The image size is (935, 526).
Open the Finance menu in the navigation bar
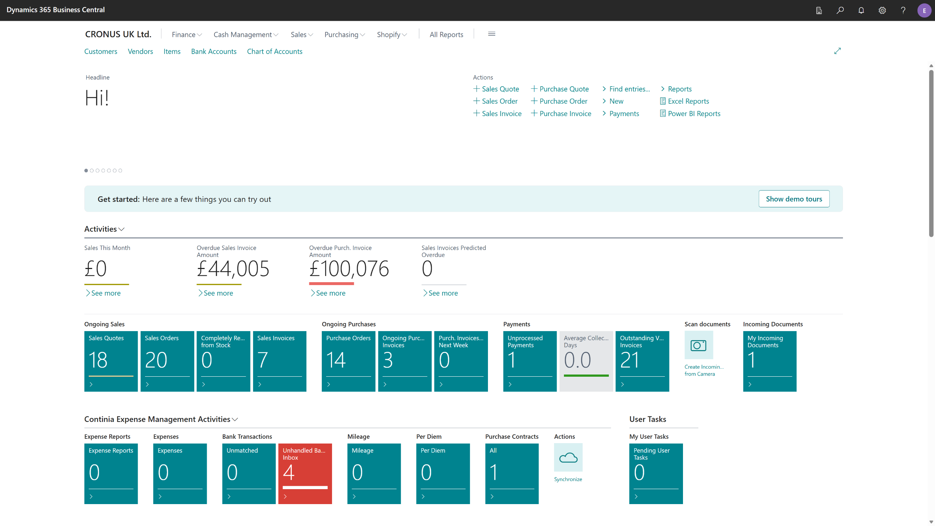point(187,35)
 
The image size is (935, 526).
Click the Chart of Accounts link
point(275,51)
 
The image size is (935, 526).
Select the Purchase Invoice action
point(561,114)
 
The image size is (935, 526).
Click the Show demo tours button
point(794,199)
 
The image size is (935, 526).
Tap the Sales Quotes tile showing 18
point(111,361)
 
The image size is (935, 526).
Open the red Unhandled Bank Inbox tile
point(305,474)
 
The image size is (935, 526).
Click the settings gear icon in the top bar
point(882,10)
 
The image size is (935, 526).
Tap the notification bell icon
point(861,10)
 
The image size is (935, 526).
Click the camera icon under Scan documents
point(699,345)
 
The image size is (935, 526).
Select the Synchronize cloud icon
point(568,457)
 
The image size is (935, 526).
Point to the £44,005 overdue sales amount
point(233,269)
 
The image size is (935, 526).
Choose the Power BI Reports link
point(690,114)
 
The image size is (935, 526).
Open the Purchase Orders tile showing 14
point(348,361)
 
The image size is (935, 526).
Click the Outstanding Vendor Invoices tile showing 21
point(642,361)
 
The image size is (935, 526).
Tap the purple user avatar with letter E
point(924,10)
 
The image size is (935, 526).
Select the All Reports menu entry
point(446,35)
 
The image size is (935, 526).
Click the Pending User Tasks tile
point(656,474)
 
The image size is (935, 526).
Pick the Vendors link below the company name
point(140,51)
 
